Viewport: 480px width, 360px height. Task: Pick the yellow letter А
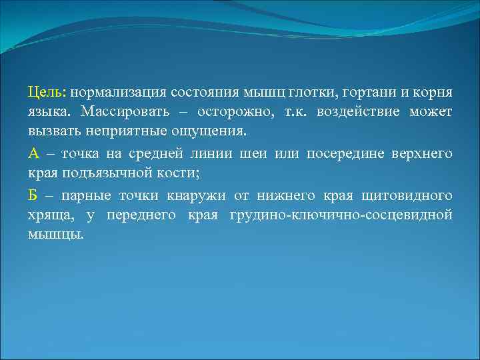(34, 154)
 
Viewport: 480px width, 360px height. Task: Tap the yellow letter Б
(33, 197)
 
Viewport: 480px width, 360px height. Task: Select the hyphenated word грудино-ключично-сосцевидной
(340, 215)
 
